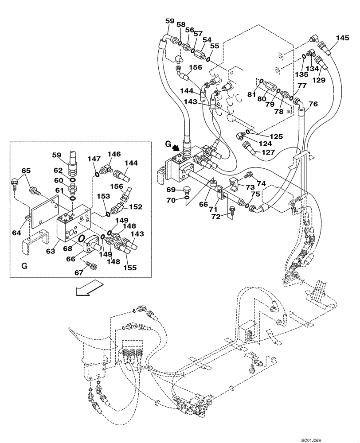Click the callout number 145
tap(342, 39)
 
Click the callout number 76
tap(313, 105)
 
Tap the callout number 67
tap(79, 272)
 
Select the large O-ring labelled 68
tap(82, 240)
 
